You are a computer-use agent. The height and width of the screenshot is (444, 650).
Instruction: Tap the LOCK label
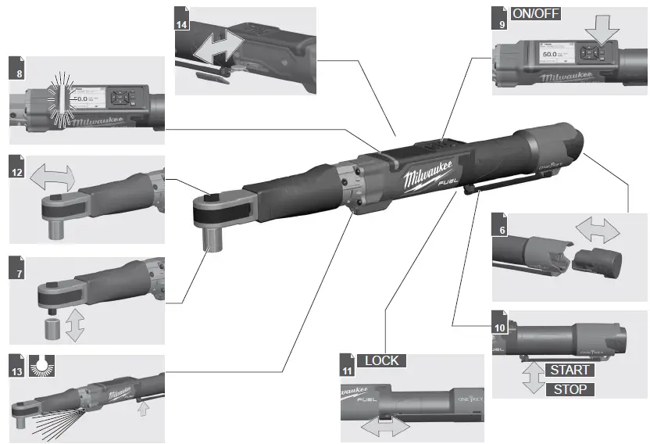pyautogui.click(x=381, y=360)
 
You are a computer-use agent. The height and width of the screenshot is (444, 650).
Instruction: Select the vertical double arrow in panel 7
pyautogui.click(x=75, y=324)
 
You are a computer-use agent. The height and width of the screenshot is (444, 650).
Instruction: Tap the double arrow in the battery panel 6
pyautogui.click(x=597, y=230)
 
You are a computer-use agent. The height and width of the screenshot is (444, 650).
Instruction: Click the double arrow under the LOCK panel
pyautogui.click(x=383, y=426)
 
